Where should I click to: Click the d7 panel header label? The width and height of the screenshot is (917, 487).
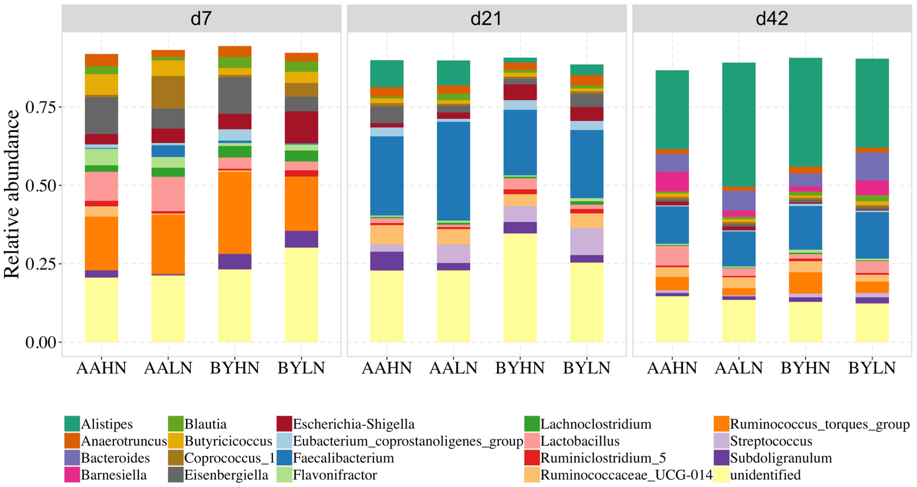coord(201,19)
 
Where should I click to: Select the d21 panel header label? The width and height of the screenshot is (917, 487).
coord(486,19)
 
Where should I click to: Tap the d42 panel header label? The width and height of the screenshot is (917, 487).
coord(772,19)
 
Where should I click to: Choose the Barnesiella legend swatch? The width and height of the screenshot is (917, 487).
coord(72,475)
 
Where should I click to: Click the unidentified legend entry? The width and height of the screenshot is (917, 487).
coord(765,475)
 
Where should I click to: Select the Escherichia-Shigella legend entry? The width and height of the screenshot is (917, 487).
coord(353,424)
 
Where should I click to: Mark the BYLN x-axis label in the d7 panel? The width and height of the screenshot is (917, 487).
coord(301,368)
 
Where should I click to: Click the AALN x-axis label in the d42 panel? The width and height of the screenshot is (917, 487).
coord(739,368)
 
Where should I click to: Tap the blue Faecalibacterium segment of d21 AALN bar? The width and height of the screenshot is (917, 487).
coord(454,171)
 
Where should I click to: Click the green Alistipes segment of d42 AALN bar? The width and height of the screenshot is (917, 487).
coord(739,125)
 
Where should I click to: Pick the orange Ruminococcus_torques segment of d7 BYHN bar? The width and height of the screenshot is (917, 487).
coord(235,212)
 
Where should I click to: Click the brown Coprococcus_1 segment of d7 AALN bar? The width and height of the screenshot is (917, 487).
coord(168,92)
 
